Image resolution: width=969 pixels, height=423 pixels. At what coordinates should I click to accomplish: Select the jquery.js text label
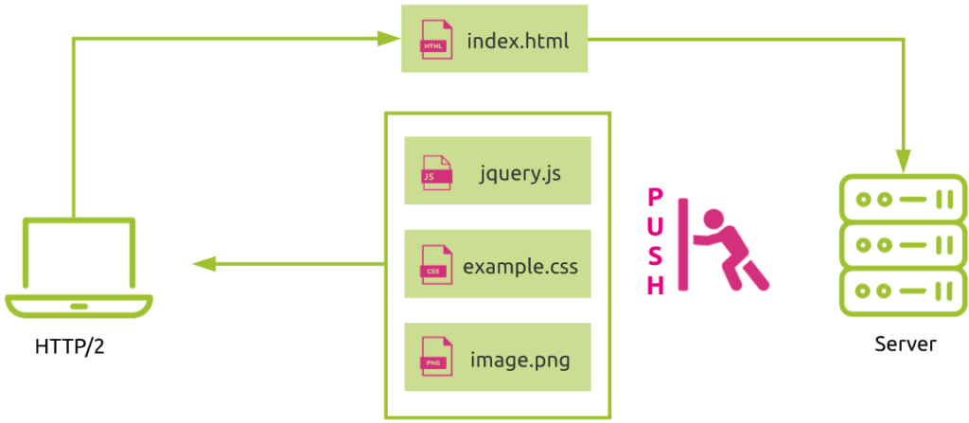(x=520, y=174)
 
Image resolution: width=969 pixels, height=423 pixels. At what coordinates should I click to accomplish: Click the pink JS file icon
(x=436, y=170)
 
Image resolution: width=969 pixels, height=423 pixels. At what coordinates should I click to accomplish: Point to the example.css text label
(x=520, y=267)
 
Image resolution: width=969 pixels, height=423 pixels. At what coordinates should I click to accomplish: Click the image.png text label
(x=520, y=360)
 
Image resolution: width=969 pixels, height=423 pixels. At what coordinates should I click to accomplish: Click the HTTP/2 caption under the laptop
(x=70, y=347)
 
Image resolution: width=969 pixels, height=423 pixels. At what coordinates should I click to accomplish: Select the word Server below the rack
(x=906, y=344)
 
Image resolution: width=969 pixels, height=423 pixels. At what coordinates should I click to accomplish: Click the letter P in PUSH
(x=655, y=199)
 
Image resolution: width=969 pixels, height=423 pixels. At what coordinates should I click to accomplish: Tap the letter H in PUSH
(x=655, y=286)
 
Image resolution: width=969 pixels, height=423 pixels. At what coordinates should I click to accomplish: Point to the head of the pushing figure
(x=714, y=219)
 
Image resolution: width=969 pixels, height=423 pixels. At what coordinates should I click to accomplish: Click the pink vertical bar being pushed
(x=683, y=244)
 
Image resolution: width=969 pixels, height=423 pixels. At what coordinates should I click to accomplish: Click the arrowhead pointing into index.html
(x=387, y=39)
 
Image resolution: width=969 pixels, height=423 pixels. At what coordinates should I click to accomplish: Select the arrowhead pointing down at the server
(x=904, y=162)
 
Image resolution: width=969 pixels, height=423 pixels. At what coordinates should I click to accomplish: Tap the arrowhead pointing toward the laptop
(x=204, y=264)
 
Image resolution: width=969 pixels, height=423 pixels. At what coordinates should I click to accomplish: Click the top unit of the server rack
(x=903, y=200)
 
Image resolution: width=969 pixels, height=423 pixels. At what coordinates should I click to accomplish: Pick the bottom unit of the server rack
(x=903, y=290)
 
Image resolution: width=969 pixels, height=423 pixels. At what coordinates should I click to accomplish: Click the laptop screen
(x=79, y=253)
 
